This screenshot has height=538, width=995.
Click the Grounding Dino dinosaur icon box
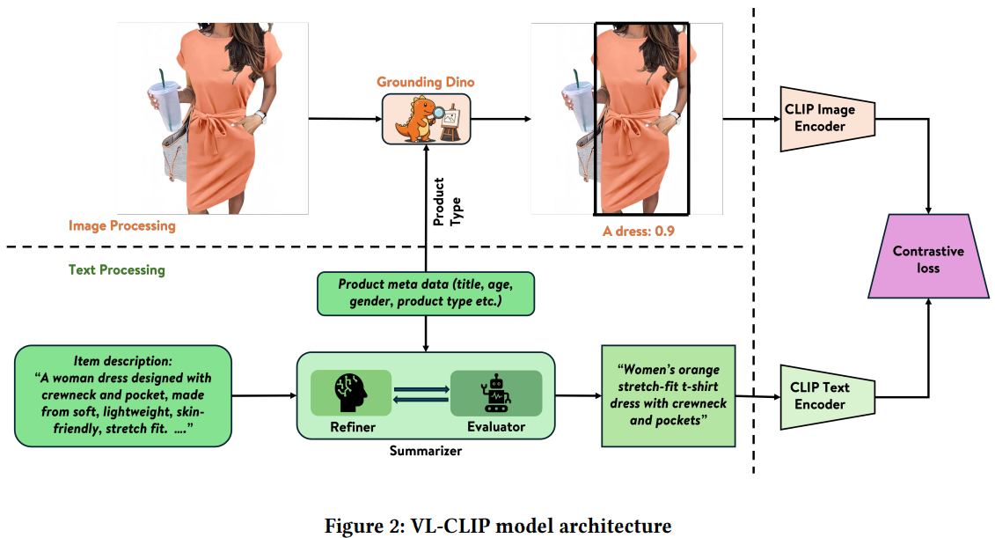click(426, 119)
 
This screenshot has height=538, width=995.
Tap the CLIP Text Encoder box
click(826, 396)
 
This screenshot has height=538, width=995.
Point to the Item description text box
click(123, 395)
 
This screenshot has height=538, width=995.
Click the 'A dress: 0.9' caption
click(639, 231)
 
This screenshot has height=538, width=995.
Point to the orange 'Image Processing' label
click(122, 225)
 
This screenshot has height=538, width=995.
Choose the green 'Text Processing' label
click(117, 269)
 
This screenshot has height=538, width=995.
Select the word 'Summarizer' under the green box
click(425, 451)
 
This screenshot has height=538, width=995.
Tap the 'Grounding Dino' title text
click(426, 82)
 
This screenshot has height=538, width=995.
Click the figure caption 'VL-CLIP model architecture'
click(498, 527)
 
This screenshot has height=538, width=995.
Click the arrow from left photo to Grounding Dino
click(344, 119)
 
